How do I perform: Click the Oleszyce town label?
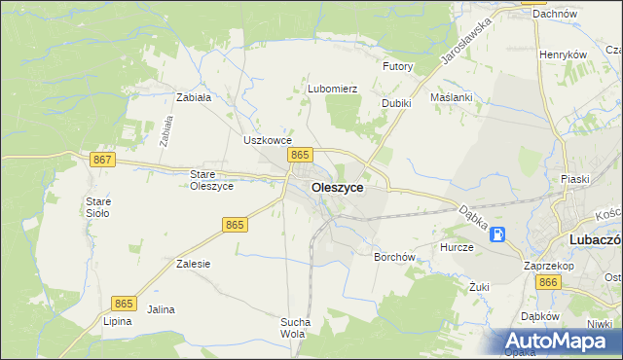[x=338, y=187]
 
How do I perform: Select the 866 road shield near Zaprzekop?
[x=548, y=282]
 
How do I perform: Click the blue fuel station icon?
[x=497, y=234]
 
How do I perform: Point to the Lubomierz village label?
[x=333, y=89]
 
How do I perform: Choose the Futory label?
[x=398, y=67]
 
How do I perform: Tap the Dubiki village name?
[x=396, y=102]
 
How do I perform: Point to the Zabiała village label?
[x=194, y=97]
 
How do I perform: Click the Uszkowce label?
[x=268, y=140]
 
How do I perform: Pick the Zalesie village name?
[x=194, y=264]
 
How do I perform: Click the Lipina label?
[x=117, y=320]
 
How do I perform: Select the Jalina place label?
[x=161, y=309]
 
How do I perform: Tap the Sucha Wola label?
[x=295, y=328]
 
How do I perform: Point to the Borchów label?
[x=395, y=258]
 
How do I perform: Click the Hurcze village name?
[x=456, y=247]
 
